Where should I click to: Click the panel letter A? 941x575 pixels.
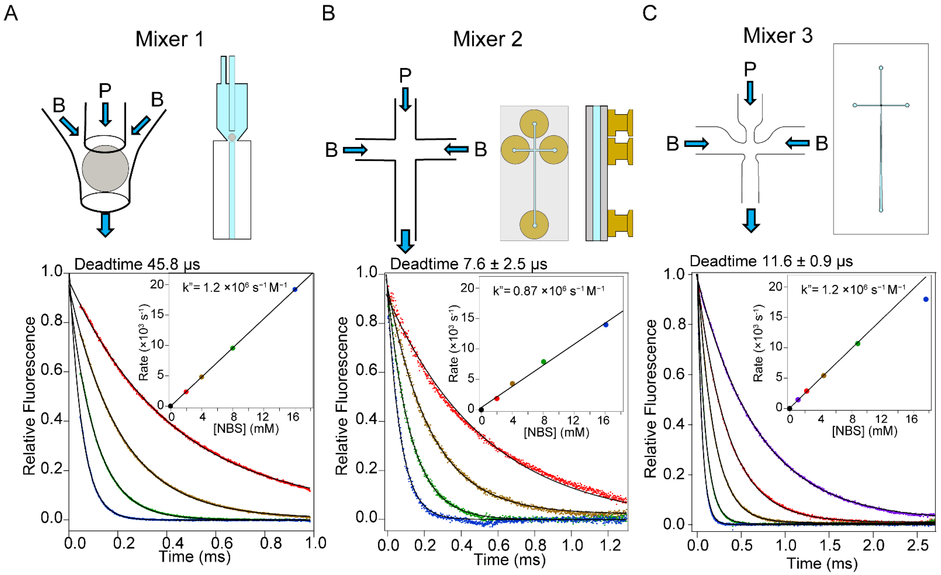click(x=11, y=13)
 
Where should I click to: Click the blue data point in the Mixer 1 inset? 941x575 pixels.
click(x=295, y=289)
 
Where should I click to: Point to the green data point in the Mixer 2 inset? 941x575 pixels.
click(x=544, y=361)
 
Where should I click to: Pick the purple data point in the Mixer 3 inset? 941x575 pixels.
click(x=798, y=399)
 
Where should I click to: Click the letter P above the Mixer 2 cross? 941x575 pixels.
click(x=405, y=75)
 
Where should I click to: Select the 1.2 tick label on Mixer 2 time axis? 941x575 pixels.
click(x=610, y=545)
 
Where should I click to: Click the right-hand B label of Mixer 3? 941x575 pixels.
click(x=821, y=144)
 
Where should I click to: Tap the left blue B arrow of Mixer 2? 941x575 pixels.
click(x=355, y=150)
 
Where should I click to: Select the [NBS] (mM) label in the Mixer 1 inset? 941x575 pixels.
click(x=246, y=428)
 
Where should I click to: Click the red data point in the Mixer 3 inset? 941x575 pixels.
click(x=807, y=391)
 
